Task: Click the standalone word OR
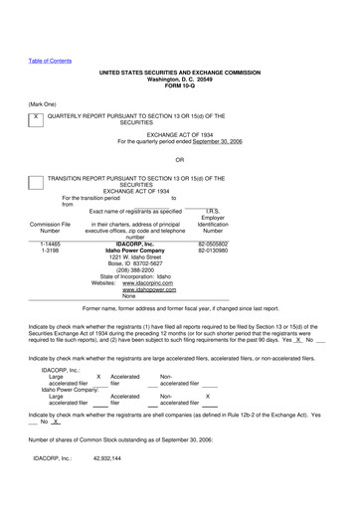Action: tap(179, 159)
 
